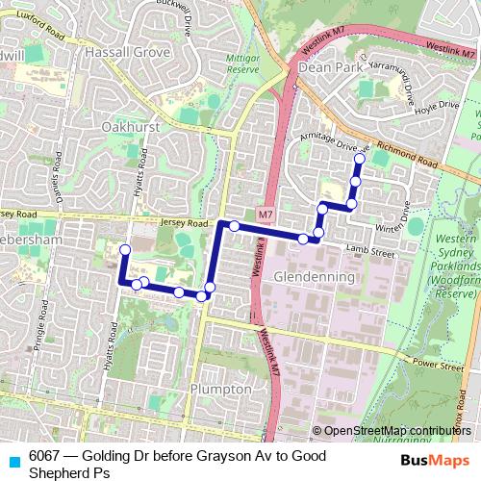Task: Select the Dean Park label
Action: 327,68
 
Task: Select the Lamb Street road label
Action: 370,251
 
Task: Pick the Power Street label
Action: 430,364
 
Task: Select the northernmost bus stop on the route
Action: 360,159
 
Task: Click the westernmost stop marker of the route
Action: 123,251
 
